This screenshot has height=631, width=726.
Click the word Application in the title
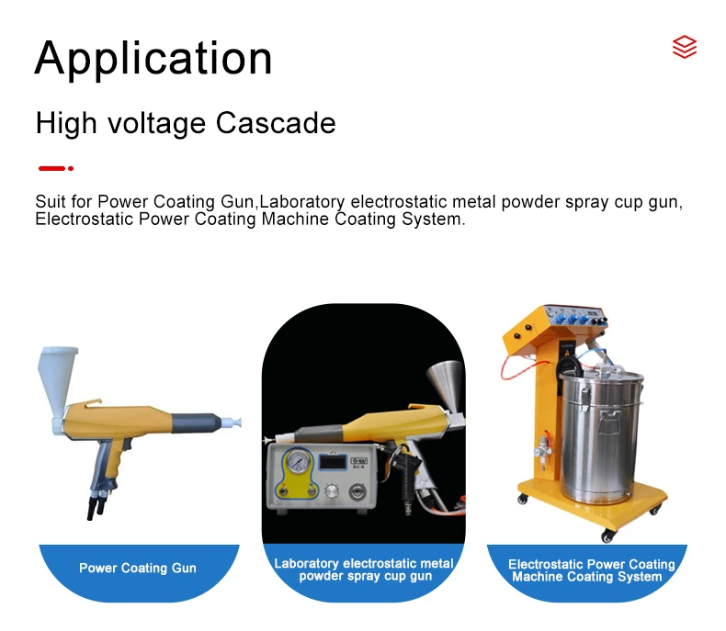153,58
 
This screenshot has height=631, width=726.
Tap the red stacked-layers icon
684,47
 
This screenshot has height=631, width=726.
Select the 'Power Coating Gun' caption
138,569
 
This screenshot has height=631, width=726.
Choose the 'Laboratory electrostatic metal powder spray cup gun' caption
364,569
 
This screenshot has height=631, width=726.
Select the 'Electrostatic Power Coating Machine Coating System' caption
591,570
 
